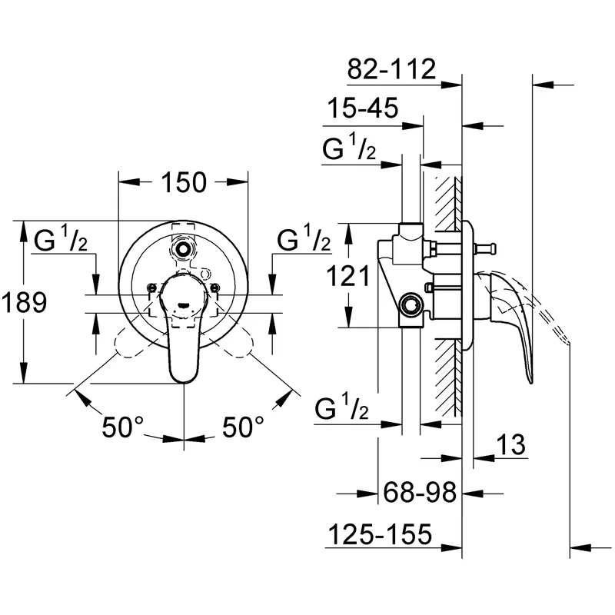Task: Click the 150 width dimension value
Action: (184, 182)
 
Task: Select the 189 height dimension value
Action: (24, 302)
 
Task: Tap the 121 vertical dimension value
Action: (348, 276)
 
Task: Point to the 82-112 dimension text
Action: (391, 69)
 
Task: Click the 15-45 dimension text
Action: (363, 108)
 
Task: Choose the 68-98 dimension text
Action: (420, 492)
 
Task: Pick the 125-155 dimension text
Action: (380, 534)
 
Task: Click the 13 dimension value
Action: (510, 444)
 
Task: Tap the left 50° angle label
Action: (123, 427)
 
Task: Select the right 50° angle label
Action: (243, 427)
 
